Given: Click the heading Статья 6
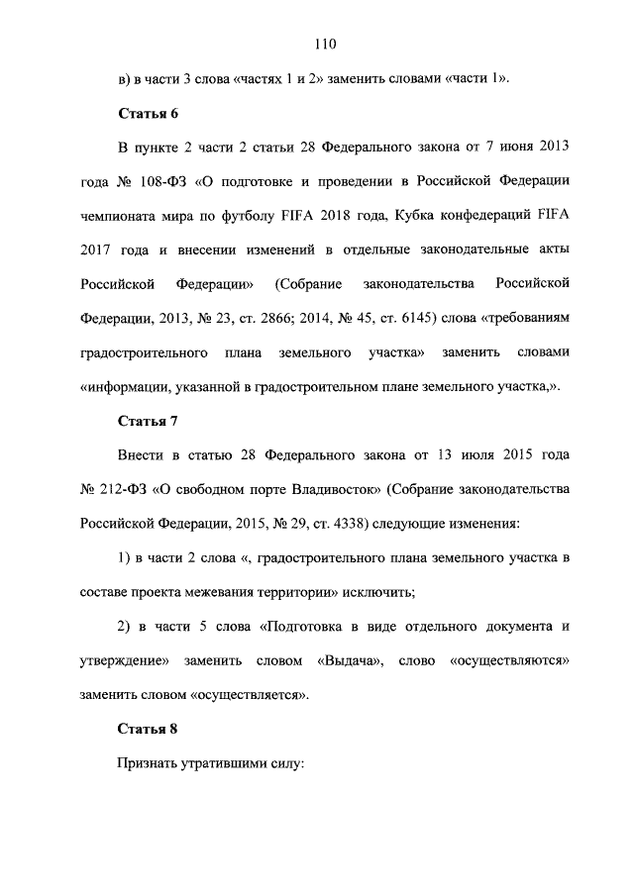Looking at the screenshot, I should coord(148,113).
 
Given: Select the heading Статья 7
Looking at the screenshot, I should coord(148,421).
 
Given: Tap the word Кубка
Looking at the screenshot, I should coord(410,217).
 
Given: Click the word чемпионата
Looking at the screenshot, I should coord(121,217).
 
